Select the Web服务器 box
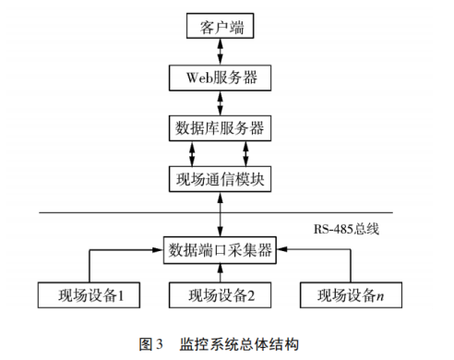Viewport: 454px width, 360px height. (x=219, y=77)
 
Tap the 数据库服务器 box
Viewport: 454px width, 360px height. (x=219, y=126)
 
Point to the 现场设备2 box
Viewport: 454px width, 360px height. (x=218, y=296)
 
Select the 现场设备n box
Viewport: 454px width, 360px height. (x=350, y=296)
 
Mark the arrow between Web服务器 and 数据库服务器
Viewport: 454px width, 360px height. (x=219, y=102)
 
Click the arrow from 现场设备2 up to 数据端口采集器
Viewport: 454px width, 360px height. (x=219, y=271)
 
